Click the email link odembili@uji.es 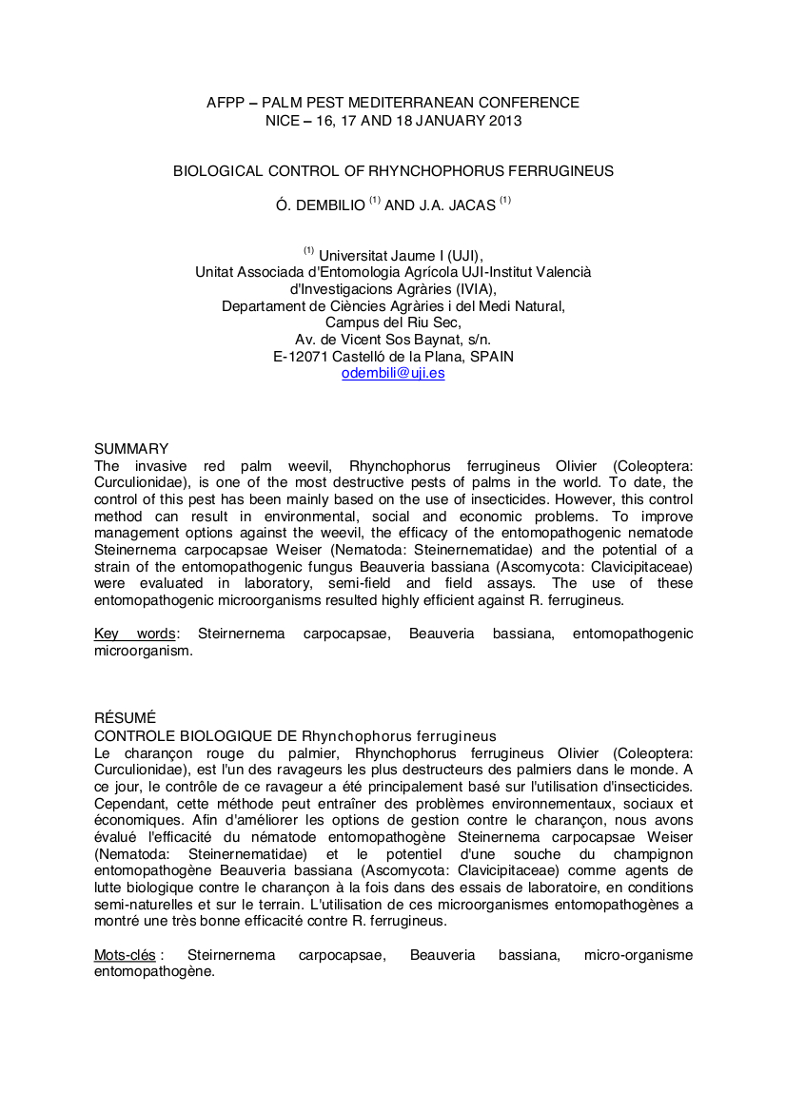pos(393,374)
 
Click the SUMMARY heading pos(131,449)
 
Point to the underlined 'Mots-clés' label pos(125,954)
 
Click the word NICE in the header pos(284,121)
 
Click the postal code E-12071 pos(304,357)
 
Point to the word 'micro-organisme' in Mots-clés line pos(639,954)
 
